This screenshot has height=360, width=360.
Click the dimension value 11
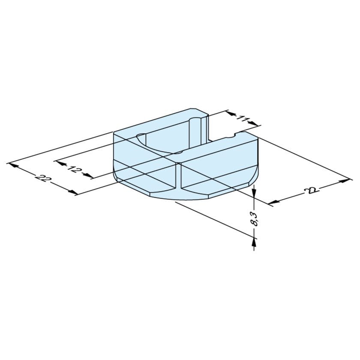(242, 119)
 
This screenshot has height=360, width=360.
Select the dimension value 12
(74, 170)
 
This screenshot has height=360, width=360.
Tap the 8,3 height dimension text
(255, 219)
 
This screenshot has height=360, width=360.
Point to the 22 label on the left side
(42, 178)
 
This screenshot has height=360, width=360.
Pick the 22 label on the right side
(310, 190)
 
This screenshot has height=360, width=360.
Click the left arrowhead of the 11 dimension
(230, 113)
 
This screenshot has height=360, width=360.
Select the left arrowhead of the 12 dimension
(60, 163)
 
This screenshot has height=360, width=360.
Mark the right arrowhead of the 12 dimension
(88, 175)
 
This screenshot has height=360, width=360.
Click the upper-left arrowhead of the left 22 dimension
(13, 165)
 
